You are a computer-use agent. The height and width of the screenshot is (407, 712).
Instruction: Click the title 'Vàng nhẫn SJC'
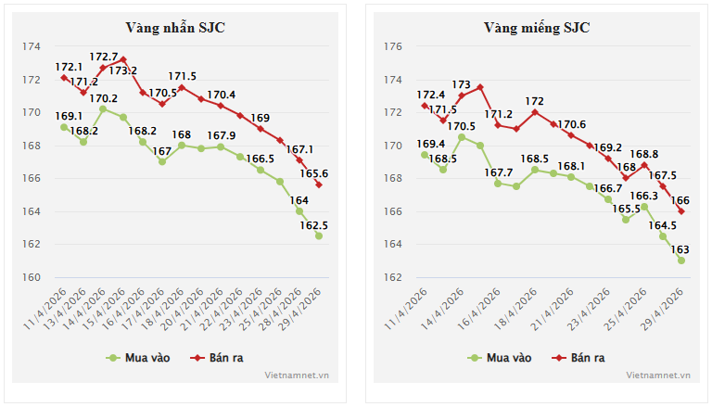tap(175, 28)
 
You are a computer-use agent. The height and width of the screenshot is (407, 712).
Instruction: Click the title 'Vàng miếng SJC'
tap(537, 28)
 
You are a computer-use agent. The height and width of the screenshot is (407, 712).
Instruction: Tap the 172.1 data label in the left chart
tap(69, 68)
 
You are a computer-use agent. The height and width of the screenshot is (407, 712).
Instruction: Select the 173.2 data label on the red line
tap(123, 70)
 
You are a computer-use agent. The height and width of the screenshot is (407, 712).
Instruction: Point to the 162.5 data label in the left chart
tap(313, 225)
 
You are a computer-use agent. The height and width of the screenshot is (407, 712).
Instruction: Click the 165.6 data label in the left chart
tap(313, 173)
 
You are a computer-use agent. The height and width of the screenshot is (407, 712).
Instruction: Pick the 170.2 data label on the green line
tap(104, 98)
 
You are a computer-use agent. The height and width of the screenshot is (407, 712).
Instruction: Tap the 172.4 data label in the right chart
tap(431, 95)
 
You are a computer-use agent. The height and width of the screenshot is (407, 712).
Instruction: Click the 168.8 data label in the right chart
tap(644, 154)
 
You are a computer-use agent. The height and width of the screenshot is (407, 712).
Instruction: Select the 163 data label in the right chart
tap(680, 249)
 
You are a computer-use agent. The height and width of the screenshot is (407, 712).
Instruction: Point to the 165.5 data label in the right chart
tap(626, 209)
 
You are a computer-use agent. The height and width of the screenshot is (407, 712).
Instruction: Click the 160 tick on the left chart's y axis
tap(32, 277)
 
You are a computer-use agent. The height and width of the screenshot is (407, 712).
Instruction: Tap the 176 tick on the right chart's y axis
tap(393, 46)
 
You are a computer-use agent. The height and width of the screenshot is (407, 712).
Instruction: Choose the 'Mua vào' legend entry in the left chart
tap(138, 358)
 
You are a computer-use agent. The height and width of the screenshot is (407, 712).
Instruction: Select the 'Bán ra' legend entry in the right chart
tap(578, 358)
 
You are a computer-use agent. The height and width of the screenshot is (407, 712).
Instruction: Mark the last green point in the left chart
tap(319, 235)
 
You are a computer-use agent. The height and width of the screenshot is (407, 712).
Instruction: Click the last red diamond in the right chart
tap(681, 211)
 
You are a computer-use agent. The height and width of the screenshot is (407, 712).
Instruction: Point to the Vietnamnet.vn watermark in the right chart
tap(658, 375)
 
